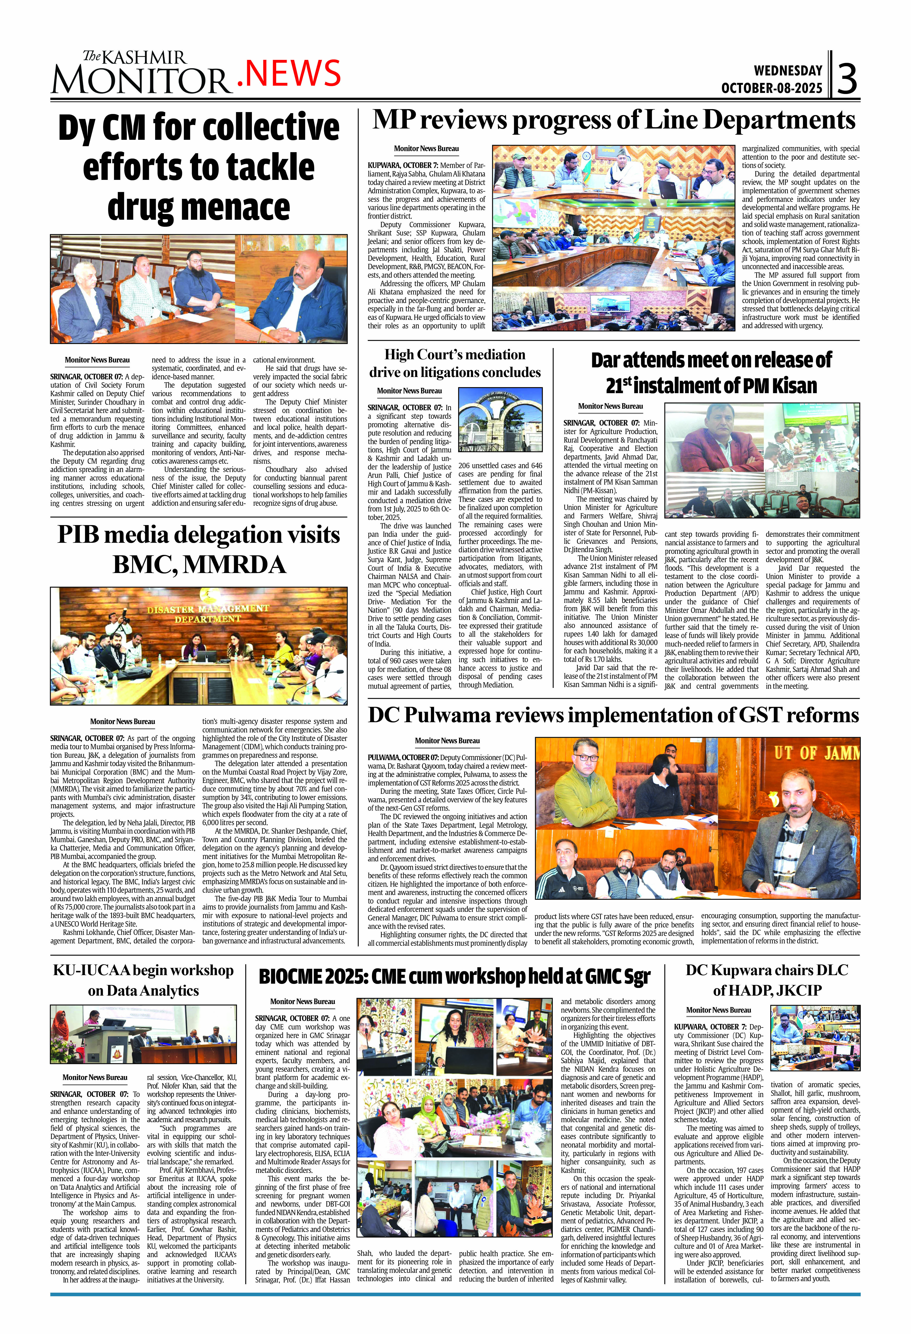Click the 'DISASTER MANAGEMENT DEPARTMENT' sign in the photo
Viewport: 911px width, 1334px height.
click(208, 613)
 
